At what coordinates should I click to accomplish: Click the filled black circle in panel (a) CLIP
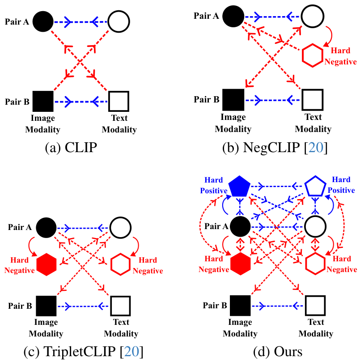pos(42,21)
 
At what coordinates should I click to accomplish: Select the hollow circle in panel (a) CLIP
pos(119,21)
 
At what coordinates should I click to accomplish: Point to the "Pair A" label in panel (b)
pos(206,16)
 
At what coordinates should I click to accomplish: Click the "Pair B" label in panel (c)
pos(20,307)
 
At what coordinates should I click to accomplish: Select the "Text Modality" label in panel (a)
pos(119,124)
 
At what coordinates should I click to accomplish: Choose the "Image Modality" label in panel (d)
pos(240,328)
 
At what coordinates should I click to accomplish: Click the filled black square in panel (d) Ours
pos(240,307)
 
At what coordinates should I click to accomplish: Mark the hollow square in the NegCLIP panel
pos(312,99)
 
